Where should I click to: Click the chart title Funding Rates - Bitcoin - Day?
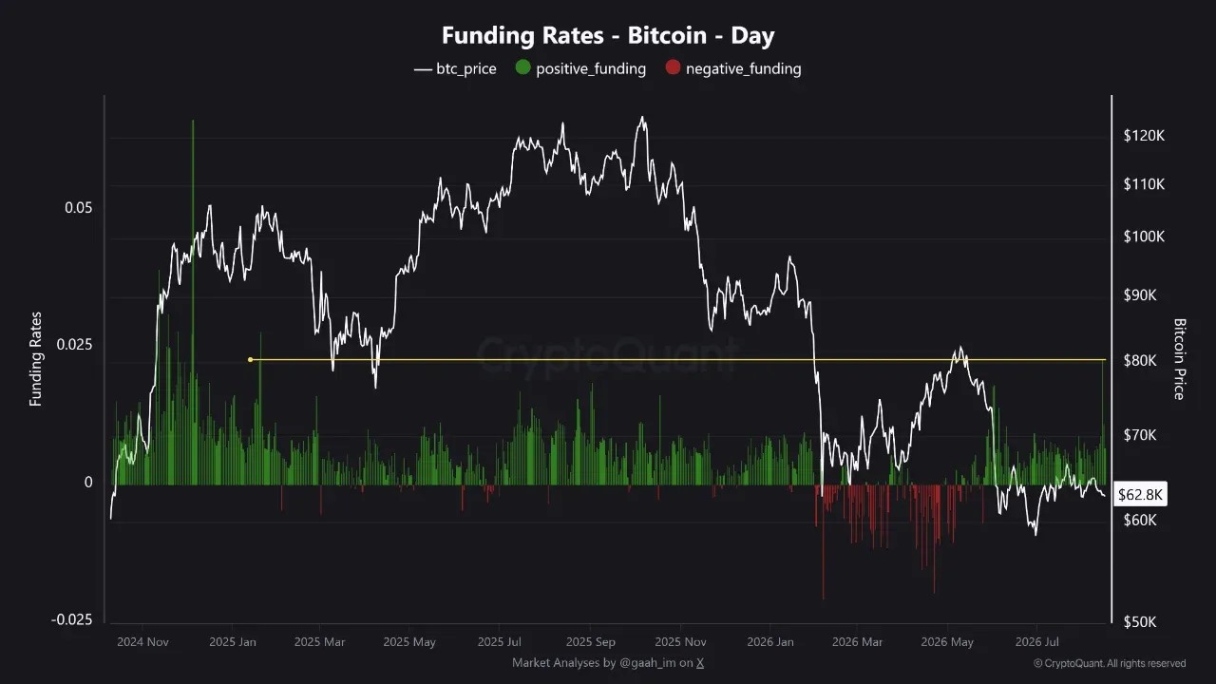pyautogui.click(x=608, y=36)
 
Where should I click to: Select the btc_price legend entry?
pyautogui.click(x=455, y=69)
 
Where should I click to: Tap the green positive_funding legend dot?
pyautogui.click(x=522, y=67)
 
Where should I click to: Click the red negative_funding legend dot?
pyautogui.click(x=673, y=67)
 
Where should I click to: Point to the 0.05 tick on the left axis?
pyautogui.click(x=79, y=207)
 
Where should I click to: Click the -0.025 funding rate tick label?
pyautogui.click(x=71, y=619)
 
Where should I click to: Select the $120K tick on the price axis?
pyautogui.click(x=1144, y=136)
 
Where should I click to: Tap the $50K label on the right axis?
pyautogui.click(x=1140, y=621)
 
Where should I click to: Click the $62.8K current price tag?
pyautogui.click(x=1140, y=495)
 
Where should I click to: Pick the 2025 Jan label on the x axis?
pyautogui.click(x=233, y=641)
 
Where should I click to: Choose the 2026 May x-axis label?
pyautogui.click(x=947, y=641)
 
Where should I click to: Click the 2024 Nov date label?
pyautogui.click(x=142, y=641)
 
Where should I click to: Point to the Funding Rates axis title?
pyautogui.click(x=35, y=359)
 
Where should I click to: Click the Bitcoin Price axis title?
pyautogui.click(x=1180, y=359)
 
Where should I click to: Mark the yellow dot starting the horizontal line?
pyautogui.click(x=250, y=359)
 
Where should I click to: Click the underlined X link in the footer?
pyautogui.click(x=700, y=663)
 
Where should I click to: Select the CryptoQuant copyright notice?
pyautogui.click(x=1110, y=663)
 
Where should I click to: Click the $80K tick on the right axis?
pyautogui.click(x=1140, y=360)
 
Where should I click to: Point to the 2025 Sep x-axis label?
pyautogui.click(x=591, y=641)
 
